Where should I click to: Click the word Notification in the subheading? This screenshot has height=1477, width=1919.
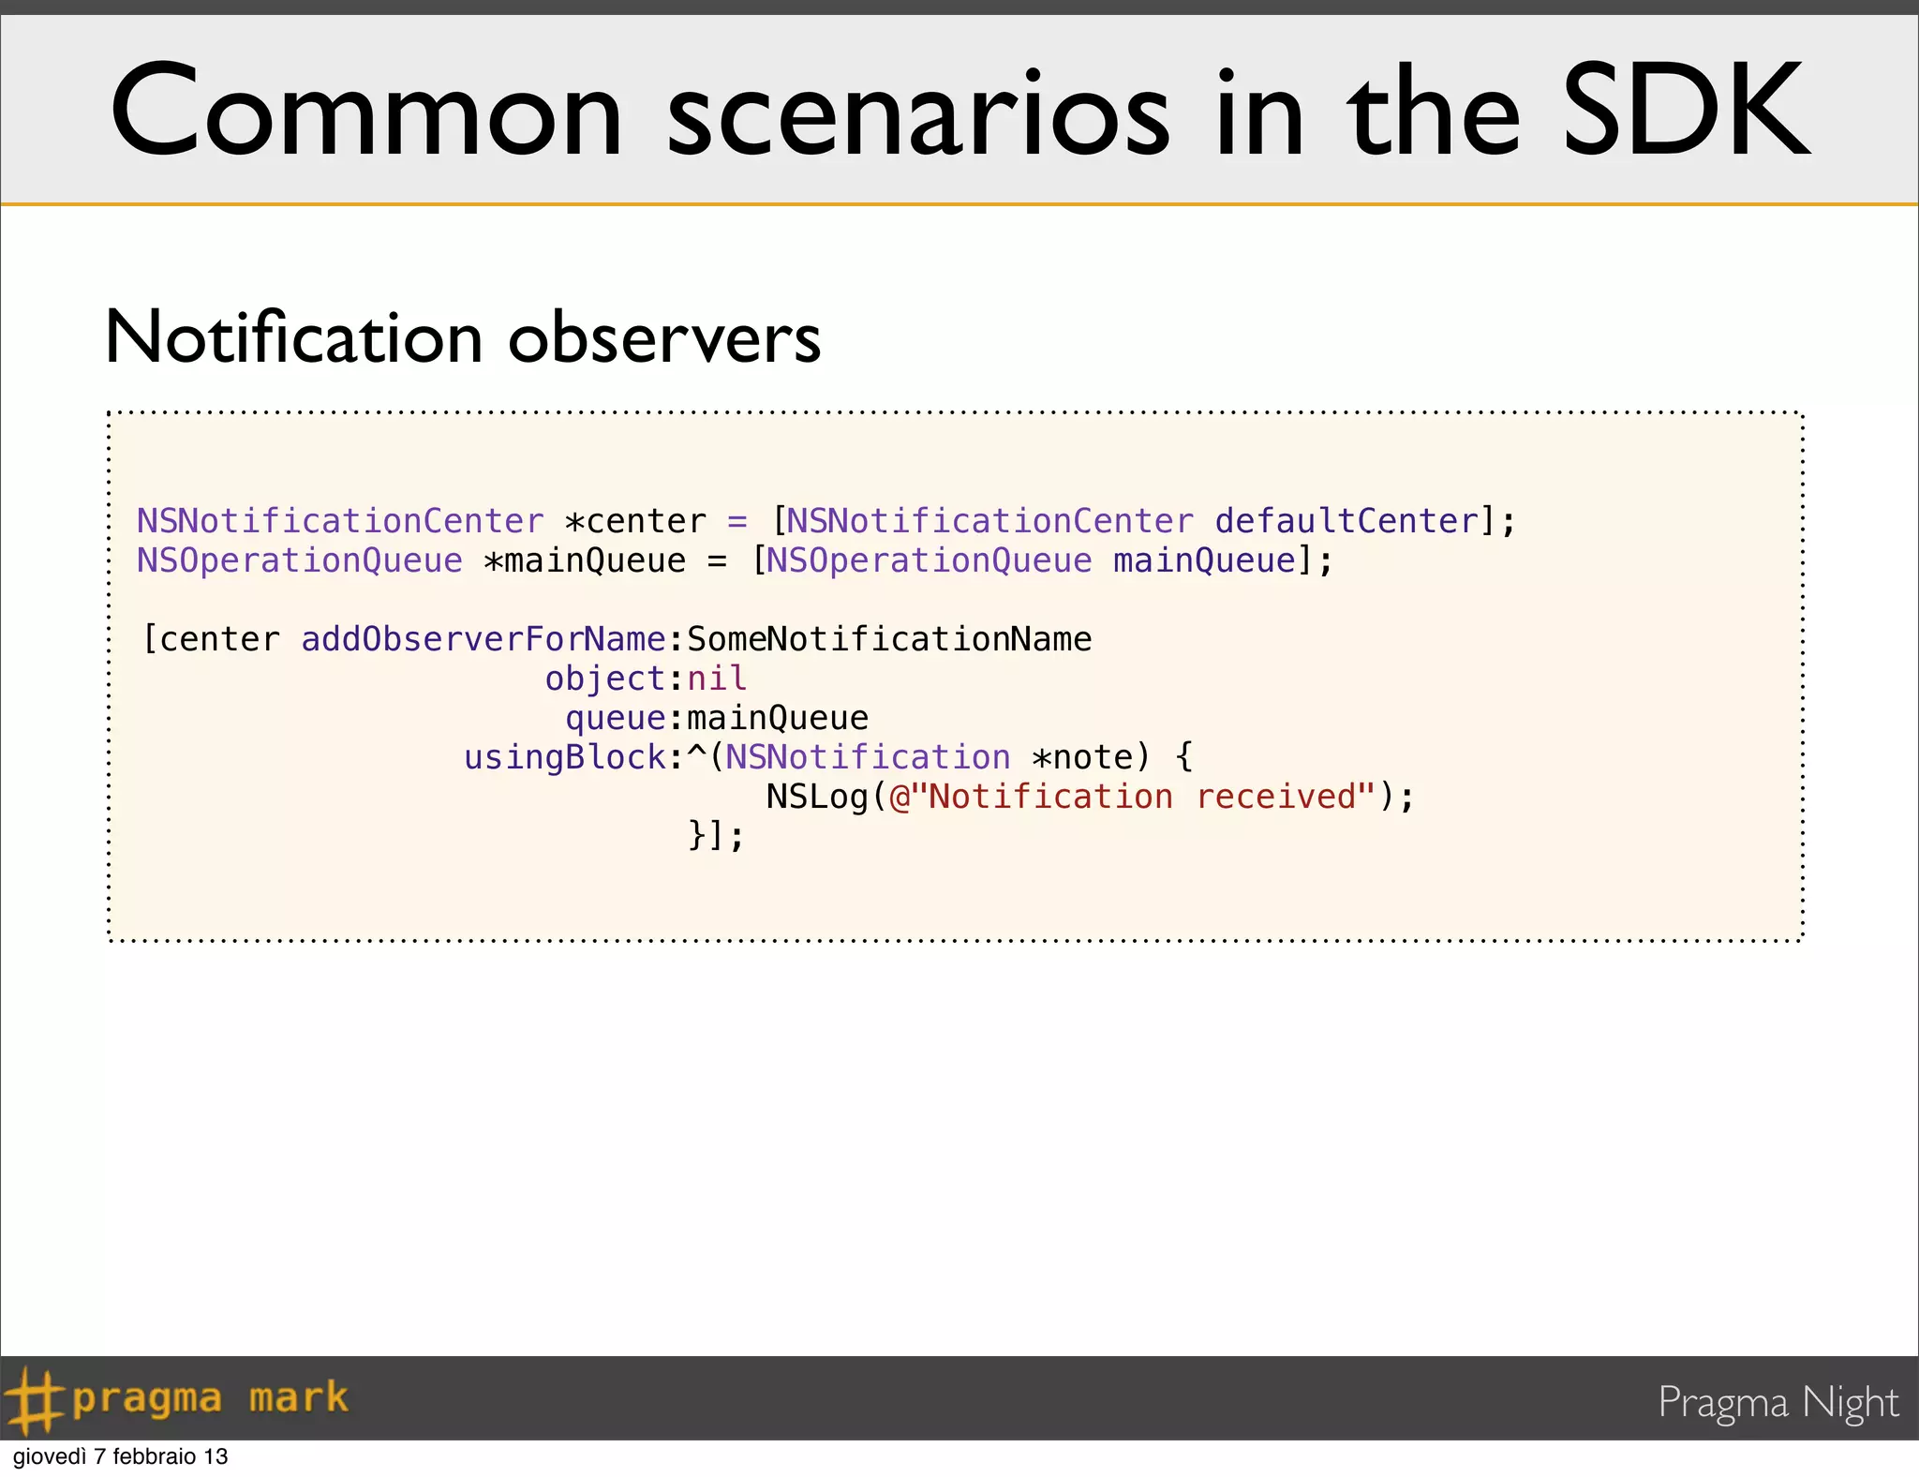pyautogui.click(x=293, y=337)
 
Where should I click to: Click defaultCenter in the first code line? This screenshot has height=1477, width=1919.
pyautogui.click(x=1346, y=521)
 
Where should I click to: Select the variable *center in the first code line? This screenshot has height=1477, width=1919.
pyautogui.click(x=635, y=521)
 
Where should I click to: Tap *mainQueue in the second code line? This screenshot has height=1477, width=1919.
pyautogui.click(x=585, y=560)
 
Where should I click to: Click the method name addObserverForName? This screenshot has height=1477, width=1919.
pyautogui.click(x=483, y=639)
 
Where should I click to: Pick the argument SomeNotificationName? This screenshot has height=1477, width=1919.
pyautogui.click(x=889, y=639)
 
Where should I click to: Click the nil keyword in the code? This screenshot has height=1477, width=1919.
pyautogui.click(x=717, y=679)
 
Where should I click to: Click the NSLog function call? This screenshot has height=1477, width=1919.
pyautogui.click(x=817, y=797)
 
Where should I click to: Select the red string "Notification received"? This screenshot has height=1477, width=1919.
pyautogui.click(x=1133, y=797)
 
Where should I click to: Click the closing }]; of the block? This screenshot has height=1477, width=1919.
pyautogui.click(x=716, y=835)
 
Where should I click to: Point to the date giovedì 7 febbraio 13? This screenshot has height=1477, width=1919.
pyautogui.click(x=120, y=1457)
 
